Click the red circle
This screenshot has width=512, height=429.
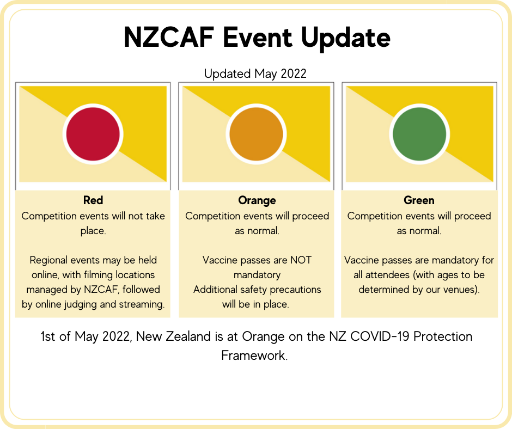pyautogui.click(x=93, y=134)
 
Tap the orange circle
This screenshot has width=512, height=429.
pyautogui.click(x=257, y=134)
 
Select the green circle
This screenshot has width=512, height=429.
pyautogui.click(x=419, y=134)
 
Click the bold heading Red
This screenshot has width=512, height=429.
pyautogui.click(x=93, y=200)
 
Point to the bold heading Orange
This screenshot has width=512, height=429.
pyautogui.click(x=257, y=200)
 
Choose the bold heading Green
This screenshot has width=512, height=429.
pyautogui.click(x=419, y=200)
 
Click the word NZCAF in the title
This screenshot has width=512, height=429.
pyautogui.click(x=169, y=37)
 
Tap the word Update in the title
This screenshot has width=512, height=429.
pyautogui.click(x=345, y=39)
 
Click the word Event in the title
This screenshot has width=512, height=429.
pyautogui.click(x=257, y=37)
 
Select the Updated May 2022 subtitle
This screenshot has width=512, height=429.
pyautogui.click(x=255, y=74)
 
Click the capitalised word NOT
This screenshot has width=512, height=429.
pyautogui.click(x=301, y=260)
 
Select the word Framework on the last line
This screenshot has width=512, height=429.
pyautogui.click(x=254, y=355)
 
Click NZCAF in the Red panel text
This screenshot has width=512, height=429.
pyautogui.click(x=101, y=290)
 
